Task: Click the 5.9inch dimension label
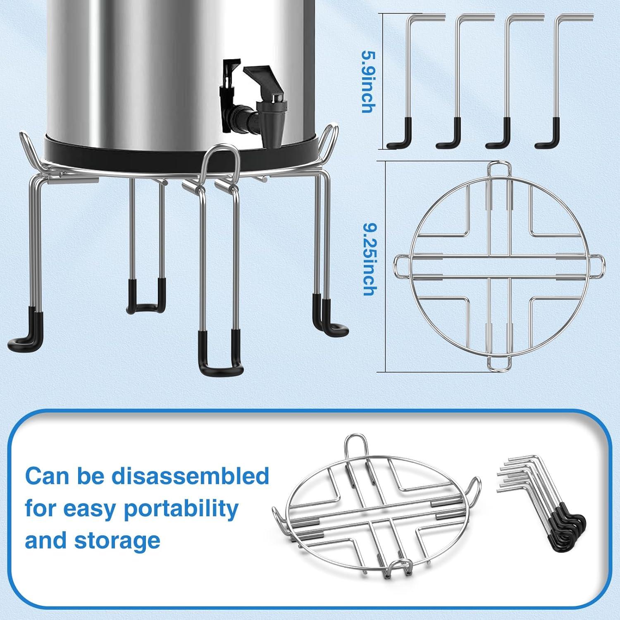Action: (x=367, y=81)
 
